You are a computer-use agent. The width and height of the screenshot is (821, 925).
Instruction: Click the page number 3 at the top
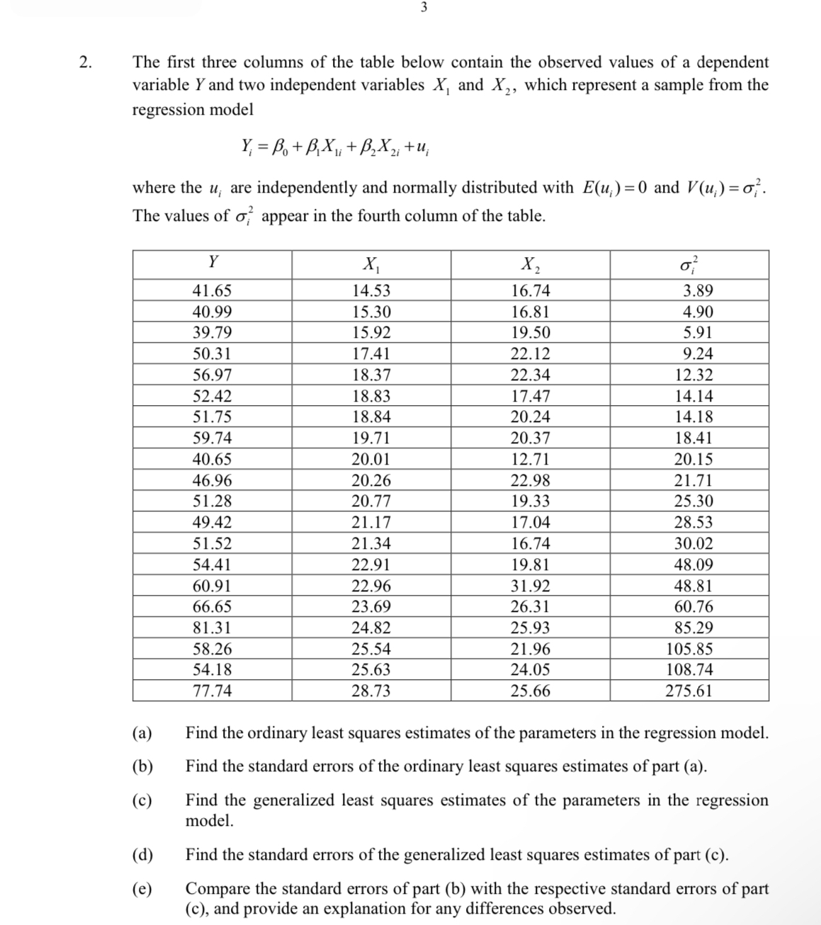(x=423, y=8)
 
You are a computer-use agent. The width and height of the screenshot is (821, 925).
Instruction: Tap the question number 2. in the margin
(x=86, y=62)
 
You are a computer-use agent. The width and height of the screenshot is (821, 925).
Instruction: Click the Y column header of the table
(x=213, y=263)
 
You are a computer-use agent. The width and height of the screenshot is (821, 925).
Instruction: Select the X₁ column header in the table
(x=371, y=265)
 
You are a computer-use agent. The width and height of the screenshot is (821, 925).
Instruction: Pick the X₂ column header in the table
(x=530, y=265)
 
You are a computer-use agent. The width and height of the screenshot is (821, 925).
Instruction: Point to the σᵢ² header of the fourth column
(x=689, y=263)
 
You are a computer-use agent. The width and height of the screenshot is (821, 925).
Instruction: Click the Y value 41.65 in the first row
(x=213, y=291)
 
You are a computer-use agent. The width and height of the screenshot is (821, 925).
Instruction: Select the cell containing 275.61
(x=689, y=691)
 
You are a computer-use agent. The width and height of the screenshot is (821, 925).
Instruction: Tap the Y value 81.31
(x=213, y=628)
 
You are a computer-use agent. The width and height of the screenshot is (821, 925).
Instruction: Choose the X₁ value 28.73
(x=371, y=691)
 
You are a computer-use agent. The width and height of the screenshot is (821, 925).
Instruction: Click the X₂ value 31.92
(x=530, y=586)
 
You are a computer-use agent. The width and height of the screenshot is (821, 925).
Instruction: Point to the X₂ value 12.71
(x=530, y=460)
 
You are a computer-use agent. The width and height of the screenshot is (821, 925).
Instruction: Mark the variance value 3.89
(x=698, y=291)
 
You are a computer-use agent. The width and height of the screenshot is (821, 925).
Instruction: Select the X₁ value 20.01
(x=371, y=460)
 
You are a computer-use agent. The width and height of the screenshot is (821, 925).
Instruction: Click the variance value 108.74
(x=689, y=670)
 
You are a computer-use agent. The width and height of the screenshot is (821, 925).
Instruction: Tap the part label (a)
(x=142, y=733)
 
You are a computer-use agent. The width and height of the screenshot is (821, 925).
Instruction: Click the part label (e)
(x=142, y=889)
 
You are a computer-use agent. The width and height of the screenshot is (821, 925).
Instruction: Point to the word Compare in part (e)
(x=217, y=889)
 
